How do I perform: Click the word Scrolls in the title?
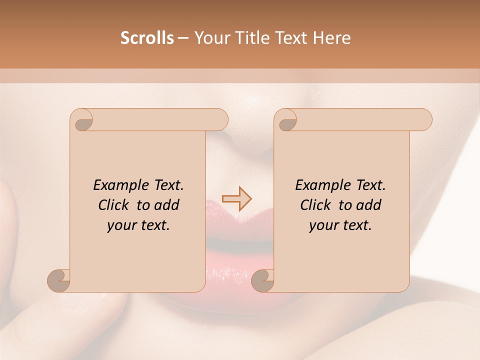pyautogui.click(x=147, y=38)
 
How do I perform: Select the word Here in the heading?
pyautogui.click(x=332, y=38)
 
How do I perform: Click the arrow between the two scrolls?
pyautogui.click(x=237, y=199)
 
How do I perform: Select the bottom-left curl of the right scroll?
pyautogui.click(x=263, y=280)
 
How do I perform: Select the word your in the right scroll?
pyautogui.click(x=322, y=225)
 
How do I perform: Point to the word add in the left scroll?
pyautogui.click(x=166, y=205)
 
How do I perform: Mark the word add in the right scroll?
pyautogui.click(x=368, y=205)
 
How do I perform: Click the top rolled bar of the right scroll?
pyautogui.click(x=360, y=120)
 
